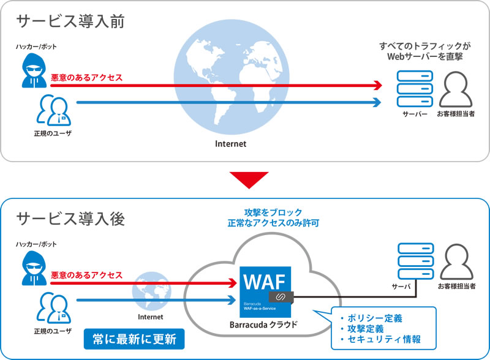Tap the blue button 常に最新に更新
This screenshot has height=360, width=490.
134,337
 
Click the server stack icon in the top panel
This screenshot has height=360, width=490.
414,89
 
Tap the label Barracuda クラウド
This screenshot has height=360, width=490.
265,324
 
